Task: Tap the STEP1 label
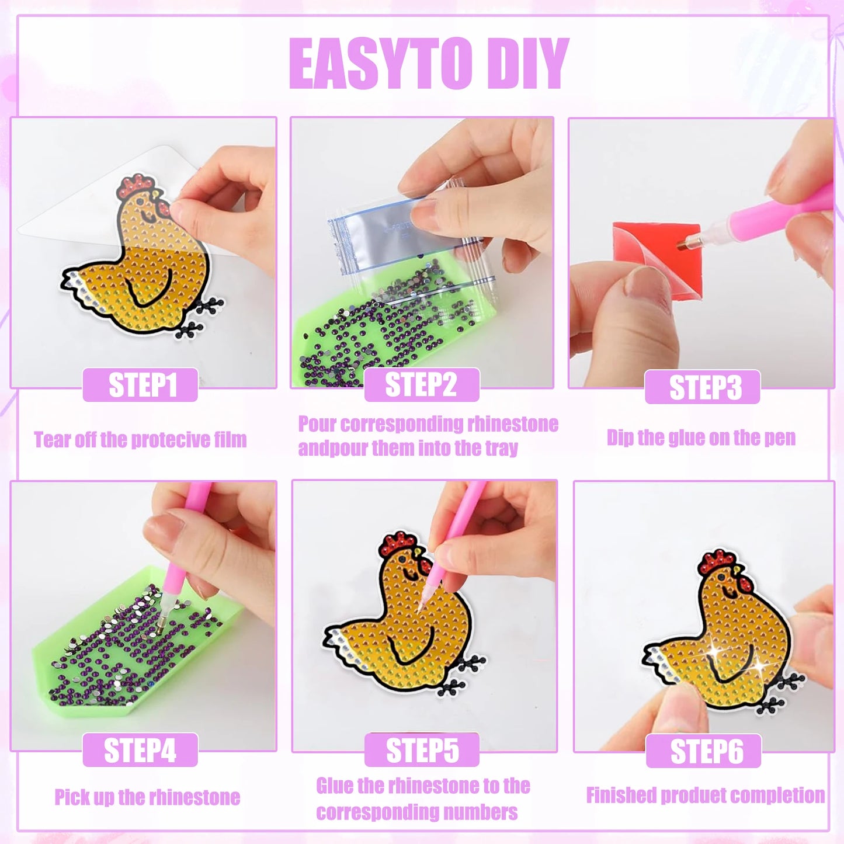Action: tap(141, 384)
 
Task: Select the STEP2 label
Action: tap(421, 384)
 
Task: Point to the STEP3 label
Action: tap(702, 387)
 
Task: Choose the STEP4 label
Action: tap(140, 751)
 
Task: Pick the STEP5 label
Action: tap(422, 751)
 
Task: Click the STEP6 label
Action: tap(703, 751)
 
